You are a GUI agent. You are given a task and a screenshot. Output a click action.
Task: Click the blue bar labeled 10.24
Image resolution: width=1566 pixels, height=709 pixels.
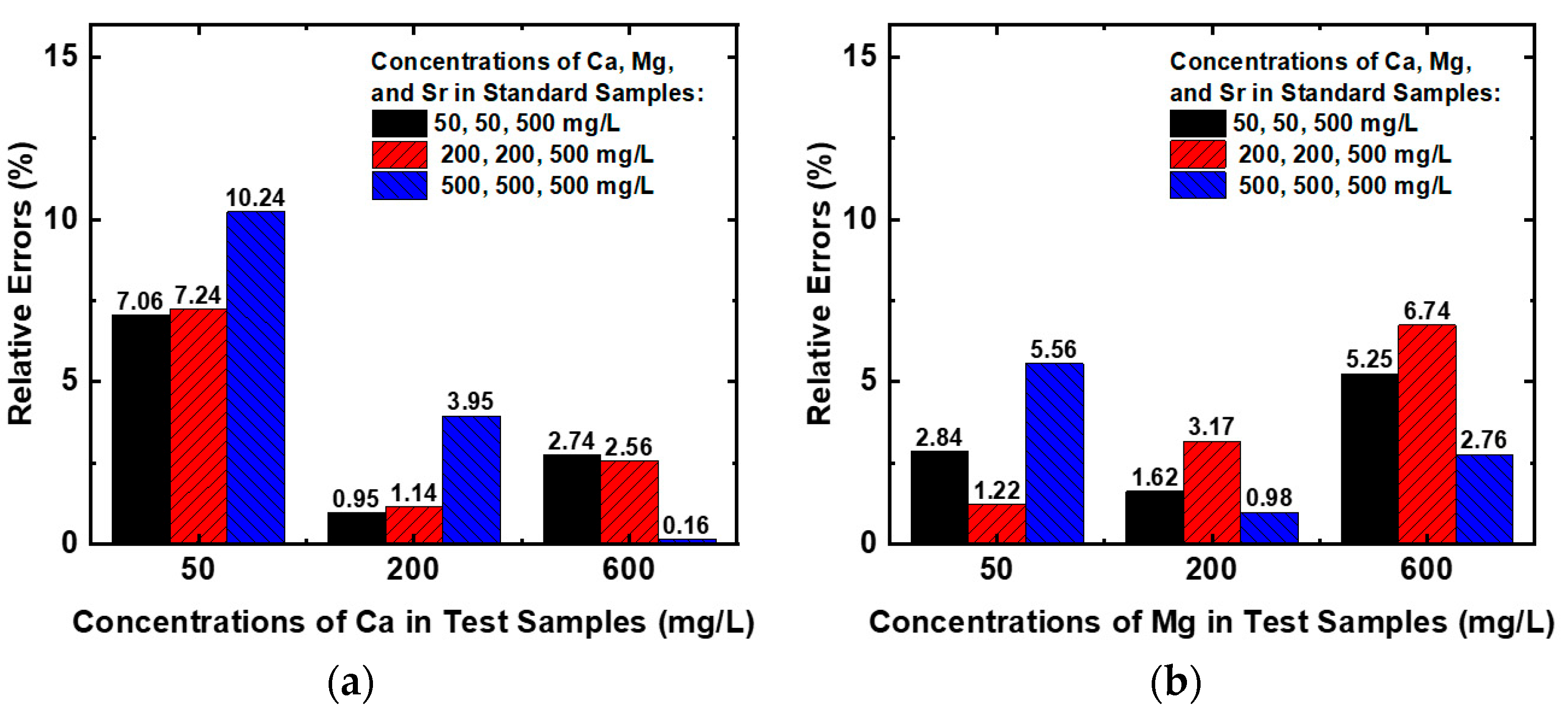point(256,377)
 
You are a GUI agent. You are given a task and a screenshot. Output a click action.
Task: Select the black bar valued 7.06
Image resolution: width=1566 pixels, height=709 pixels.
point(141,428)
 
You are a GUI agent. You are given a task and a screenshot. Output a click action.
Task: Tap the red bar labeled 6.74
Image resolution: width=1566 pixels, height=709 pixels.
point(1426,434)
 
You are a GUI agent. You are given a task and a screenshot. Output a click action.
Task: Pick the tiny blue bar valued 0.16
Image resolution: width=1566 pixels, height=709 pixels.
point(687,540)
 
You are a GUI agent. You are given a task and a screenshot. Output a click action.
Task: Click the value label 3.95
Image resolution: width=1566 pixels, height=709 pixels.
point(470,402)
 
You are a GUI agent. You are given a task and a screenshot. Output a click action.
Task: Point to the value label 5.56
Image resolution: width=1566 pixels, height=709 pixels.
point(1053,350)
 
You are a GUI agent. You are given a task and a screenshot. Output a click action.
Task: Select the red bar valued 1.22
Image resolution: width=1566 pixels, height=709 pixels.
point(996,523)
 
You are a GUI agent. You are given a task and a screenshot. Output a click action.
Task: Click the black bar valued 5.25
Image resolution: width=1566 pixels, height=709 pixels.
point(1369,458)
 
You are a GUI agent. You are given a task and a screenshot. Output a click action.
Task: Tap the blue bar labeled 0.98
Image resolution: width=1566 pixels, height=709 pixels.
point(1269,528)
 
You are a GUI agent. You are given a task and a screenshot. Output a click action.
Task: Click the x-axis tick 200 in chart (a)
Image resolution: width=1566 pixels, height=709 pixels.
point(412,570)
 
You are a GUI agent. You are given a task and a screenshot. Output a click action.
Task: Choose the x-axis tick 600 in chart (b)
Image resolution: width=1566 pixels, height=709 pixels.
point(1426,570)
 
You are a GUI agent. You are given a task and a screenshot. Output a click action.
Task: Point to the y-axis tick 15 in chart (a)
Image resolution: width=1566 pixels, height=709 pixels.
point(61,56)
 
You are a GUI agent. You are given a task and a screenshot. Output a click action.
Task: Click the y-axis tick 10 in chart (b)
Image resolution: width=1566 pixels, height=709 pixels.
point(859,219)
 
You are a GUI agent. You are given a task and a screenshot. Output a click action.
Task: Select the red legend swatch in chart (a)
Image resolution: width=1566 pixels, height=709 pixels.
point(399,154)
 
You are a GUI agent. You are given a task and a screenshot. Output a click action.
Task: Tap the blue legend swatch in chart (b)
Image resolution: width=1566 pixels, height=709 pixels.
point(1198,185)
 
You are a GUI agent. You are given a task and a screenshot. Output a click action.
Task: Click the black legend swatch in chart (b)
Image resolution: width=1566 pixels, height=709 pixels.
point(1198,123)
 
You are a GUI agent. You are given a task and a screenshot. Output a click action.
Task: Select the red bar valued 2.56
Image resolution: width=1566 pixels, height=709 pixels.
point(629,501)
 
